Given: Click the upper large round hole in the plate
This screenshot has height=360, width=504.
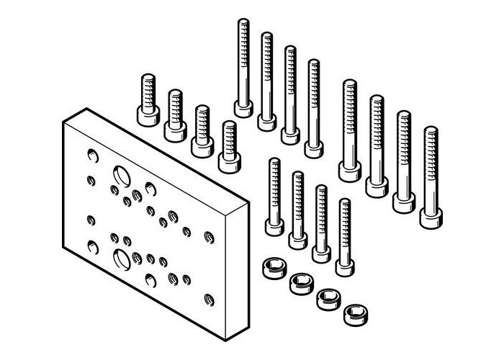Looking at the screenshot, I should [x=119, y=175].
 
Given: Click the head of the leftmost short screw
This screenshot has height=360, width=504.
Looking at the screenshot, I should [x=146, y=115].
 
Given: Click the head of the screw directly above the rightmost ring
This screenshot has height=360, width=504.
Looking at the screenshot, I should [x=344, y=265].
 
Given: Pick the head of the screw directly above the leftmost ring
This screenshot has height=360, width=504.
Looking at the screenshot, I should [x=274, y=227].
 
